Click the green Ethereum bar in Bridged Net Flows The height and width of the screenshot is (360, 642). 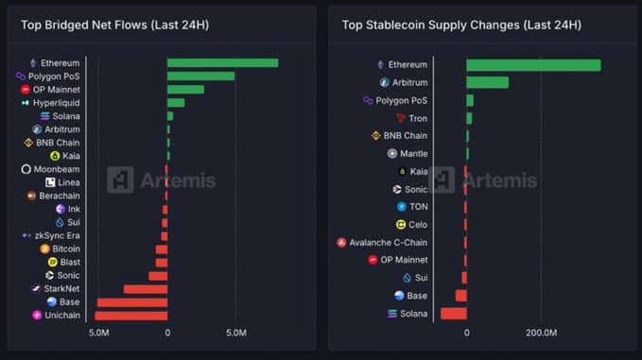[222, 62]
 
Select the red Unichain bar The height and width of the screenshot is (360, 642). [130, 315]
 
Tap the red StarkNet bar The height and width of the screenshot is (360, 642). [146, 288]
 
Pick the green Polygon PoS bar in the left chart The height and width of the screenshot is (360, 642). [200, 76]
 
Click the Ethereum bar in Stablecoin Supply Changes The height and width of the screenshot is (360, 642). [532, 64]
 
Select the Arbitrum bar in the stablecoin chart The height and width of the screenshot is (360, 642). [487, 82]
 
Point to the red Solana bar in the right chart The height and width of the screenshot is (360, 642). [454, 313]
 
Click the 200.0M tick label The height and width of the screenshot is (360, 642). [541, 334]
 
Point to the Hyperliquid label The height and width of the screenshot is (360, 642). [57, 102]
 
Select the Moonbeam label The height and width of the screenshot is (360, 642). [57, 169]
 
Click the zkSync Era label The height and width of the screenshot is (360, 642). [58, 235]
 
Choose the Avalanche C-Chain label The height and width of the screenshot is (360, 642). [389, 242]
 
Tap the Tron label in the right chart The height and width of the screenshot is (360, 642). [418, 118]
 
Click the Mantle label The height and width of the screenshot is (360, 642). [414, 153]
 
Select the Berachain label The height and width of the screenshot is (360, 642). [60, 196]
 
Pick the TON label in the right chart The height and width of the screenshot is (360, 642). [418, 206]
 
